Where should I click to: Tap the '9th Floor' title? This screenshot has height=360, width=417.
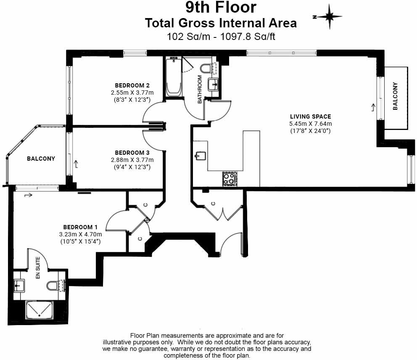221,7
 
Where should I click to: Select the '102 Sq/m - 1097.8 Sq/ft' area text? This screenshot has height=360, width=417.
221,37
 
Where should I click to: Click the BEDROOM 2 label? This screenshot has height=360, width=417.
132,86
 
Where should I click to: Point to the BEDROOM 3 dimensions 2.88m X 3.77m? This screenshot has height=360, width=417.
132,160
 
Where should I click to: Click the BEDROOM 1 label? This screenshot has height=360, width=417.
80,227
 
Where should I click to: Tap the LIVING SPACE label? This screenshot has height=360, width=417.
310,116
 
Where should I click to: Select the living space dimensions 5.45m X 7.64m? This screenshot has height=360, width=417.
310,124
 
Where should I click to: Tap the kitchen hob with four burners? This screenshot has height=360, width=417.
230,178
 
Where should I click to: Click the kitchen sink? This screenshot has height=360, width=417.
200,156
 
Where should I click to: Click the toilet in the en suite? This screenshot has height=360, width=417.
53,286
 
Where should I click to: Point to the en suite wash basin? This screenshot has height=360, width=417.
19,286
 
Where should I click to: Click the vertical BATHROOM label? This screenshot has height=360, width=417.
200,89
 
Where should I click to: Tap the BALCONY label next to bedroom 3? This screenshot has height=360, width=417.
41,159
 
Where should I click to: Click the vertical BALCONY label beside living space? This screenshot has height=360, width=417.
395,96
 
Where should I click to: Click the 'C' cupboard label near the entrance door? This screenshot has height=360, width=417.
213,204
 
